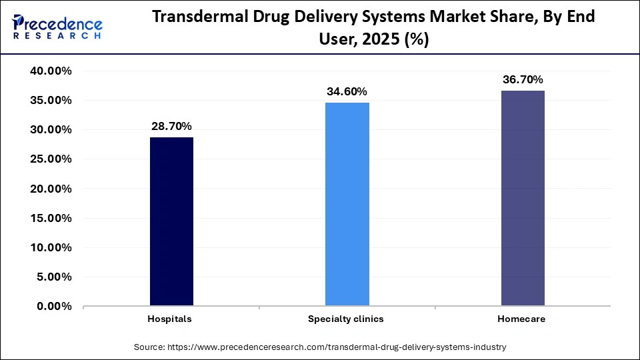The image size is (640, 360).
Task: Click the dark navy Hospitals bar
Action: pos(171,221)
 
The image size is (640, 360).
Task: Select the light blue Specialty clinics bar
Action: pos(347,204)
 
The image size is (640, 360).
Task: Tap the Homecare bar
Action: pos(523,198)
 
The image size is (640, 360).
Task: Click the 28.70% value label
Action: pos(171,126)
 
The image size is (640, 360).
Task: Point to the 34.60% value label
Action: pos(347,91)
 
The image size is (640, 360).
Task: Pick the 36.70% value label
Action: pos(523,79)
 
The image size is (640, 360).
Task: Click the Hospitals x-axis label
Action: pos(169,319)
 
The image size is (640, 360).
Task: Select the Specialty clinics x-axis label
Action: pos(345,319)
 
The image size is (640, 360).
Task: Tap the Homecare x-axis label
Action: pos(521,319)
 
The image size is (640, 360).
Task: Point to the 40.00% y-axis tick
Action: pos(51,71)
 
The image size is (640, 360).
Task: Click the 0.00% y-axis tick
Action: pos(54,307)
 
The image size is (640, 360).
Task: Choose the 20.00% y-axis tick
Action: pos(51,189)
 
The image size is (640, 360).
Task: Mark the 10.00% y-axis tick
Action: pos(51,248)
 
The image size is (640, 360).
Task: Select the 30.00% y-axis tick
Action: pos(51,130)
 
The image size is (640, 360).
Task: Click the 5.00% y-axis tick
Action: pos(54,277)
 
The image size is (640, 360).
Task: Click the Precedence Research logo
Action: pos(57,27)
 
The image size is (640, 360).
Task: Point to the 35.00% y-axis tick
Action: pos(51,101)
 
